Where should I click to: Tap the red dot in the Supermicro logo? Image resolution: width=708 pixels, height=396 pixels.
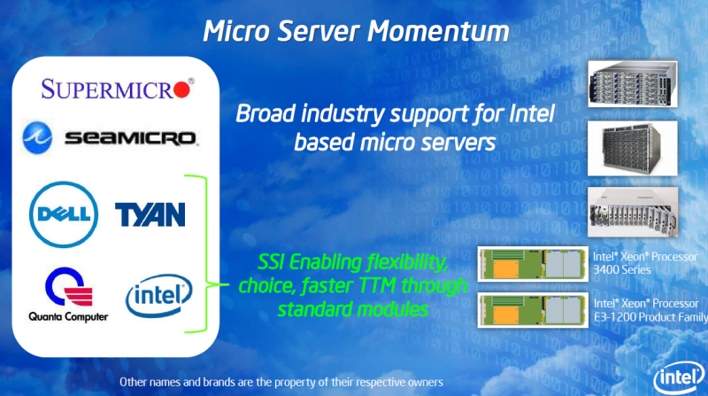pyautogui.click(x=181, y=89)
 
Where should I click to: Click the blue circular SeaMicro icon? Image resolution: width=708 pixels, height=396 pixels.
pyautogui.click(x=40, y=136)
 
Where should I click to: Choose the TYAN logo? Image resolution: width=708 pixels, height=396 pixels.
pyautogui.click(x=150, y=214)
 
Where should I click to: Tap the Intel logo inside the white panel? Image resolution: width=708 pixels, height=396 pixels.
pyautogui.click(x=158, y=296)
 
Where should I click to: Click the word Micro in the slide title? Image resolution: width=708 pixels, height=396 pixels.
pyautogui.click(x=234, y=32)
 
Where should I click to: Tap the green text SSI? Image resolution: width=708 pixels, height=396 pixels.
pyautogui.click(x=275, y=263)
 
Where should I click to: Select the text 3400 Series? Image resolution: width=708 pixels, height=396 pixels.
pyautogui.click(x=619, y=268)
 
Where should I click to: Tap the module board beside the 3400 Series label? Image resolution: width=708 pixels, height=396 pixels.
pyautogui.click(x=531, y=263)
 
